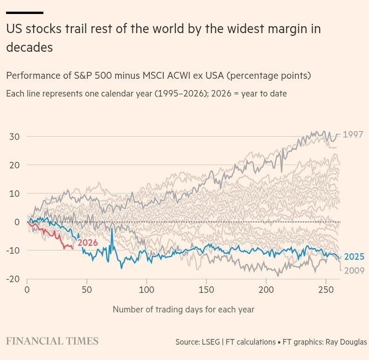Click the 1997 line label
(x=353, y=135)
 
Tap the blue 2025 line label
(x=354, y=257)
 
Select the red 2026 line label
(x=88, y=242)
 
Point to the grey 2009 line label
(x=354, y=270)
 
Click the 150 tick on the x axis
(x=206, y=290)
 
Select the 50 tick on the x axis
(x=87, y=290)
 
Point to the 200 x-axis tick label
(x=266, y=290)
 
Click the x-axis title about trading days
(x=183, y=309)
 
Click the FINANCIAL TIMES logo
(x=52, y=341)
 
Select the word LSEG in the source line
(x=213, y=342)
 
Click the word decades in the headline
(x=29, y=47)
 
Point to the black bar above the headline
(x=25, y=13)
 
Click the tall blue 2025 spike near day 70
(x=112, y=230)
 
